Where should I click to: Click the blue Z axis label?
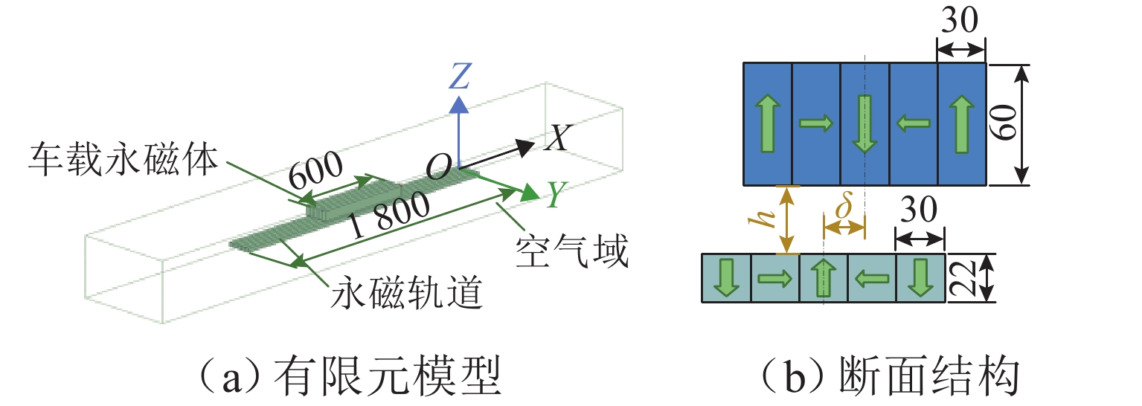461,76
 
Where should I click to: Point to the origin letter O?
438,170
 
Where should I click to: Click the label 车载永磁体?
123,158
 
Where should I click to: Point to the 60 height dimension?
1007,125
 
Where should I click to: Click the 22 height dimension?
965,278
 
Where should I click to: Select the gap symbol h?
765,221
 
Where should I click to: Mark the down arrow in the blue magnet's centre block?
864,125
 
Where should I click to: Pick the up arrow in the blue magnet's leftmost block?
768,125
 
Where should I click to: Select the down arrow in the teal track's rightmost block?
920,278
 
